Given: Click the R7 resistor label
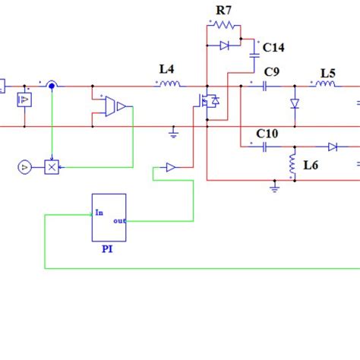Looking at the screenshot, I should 223,10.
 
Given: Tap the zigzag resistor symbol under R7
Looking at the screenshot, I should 223,25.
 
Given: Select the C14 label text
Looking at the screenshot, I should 273,48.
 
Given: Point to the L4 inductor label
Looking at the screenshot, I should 167,69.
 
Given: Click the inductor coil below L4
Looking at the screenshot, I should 169,84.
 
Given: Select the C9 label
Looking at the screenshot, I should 270,72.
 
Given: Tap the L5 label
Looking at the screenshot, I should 327,73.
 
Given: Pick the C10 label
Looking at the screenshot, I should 267,134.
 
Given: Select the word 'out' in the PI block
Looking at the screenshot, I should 119,222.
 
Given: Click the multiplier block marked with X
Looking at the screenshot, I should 52,166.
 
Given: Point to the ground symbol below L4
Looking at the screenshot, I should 172,134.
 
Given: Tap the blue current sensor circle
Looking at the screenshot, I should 51,85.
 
